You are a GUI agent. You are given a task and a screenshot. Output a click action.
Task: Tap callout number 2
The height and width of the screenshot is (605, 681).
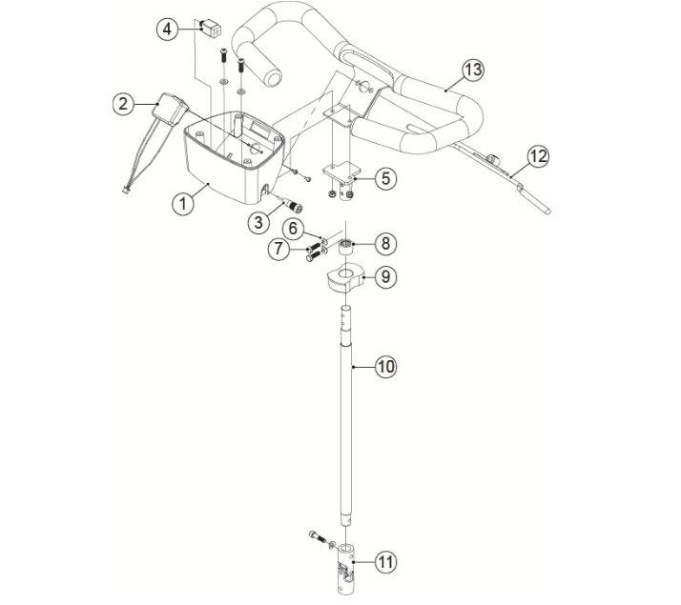coord(122,104)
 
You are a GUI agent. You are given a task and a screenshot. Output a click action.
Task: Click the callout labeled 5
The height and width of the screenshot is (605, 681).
coord(384,177)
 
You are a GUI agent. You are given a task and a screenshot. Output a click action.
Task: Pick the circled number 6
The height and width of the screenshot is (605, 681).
coord(294,229)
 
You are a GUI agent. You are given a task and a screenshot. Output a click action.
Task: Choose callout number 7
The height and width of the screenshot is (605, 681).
coord(278,250)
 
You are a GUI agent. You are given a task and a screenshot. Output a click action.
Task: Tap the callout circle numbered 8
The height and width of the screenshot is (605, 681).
coord(384,244)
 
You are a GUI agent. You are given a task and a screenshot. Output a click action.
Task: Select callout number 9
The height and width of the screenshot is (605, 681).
coord(384,277)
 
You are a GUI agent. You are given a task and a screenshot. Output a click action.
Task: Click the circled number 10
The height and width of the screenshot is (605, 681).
coord(384,366)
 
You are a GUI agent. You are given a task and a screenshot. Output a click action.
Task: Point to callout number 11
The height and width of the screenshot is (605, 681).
coord(384,563)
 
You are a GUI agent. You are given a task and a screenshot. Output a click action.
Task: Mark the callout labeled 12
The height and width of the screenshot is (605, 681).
coord(538,156)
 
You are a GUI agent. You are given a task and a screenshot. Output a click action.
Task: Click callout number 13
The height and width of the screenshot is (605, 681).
coord(474,70)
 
